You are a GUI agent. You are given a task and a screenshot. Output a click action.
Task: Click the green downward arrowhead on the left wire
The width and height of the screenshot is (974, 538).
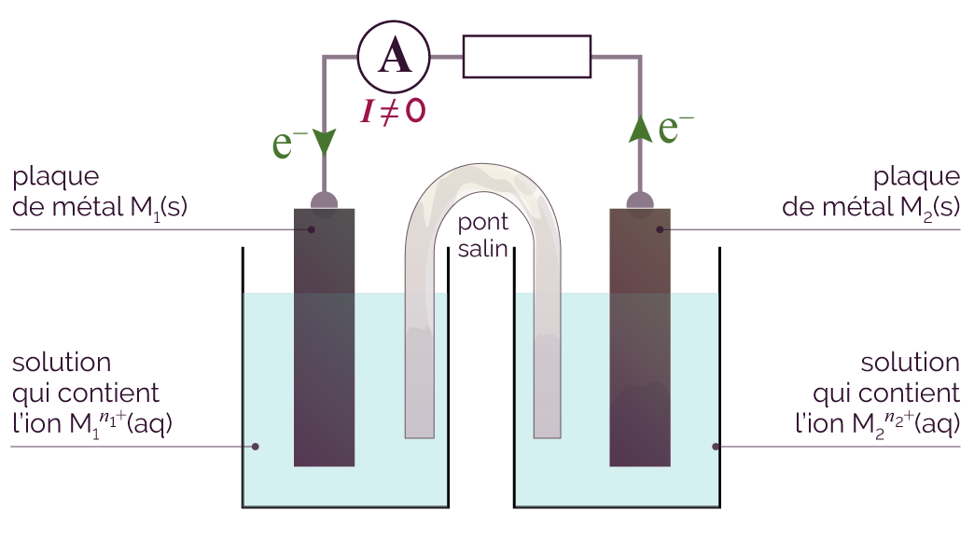pyautogui.click(x=324, y=142)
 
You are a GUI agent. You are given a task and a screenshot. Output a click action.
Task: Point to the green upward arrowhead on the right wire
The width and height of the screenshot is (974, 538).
pyautogui.click(x=640, y=129)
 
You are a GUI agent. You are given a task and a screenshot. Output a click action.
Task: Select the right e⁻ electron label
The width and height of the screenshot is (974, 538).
pyautogui.click(x=675, y=129)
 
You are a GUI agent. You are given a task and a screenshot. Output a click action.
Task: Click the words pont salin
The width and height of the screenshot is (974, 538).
pyautogui.click(x=483, y=235)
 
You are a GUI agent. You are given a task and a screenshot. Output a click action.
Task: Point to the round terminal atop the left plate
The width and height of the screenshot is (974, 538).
pyautogui.click(x=324, y=201)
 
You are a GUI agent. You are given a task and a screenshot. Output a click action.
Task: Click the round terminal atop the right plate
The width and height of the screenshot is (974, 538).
pyautogui.click(x=640, y=201)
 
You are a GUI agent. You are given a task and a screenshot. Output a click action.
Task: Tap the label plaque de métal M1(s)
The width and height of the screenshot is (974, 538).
pyautogui.click(x=100, y=192)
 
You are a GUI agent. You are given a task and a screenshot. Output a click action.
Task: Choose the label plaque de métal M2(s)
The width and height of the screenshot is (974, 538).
pyautogui.click(x=870, y=192)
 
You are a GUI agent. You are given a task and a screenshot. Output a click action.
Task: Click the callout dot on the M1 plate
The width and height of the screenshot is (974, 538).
pyautogui.click(x=312, y=229)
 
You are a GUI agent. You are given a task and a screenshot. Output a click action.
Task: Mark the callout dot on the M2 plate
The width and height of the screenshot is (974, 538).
pyautogui.click(x=660, y=229)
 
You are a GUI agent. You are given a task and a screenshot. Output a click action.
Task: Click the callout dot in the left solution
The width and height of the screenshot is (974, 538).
pyautogui.click(x=256, y=447)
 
